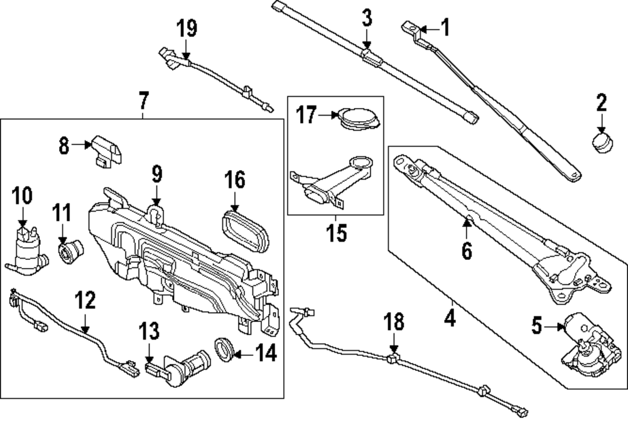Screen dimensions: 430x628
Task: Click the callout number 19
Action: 187,28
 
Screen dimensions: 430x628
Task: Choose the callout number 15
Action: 336,233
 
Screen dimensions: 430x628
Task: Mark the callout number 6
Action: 466,250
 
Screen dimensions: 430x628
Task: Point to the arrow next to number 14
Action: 244,354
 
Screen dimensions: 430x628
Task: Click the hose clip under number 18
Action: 393,358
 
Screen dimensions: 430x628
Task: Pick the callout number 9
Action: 156,173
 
